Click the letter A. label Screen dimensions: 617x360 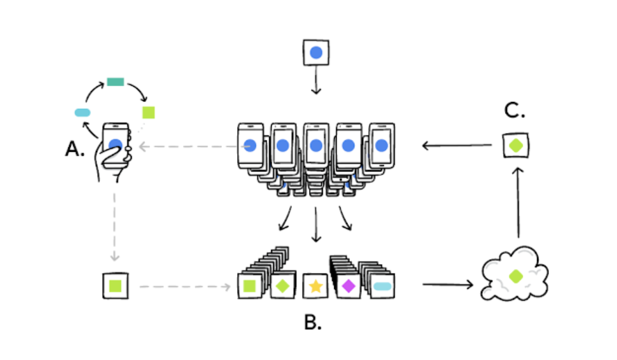tap(75, 149)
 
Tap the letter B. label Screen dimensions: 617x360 tap(313, 322)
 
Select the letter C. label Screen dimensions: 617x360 tap(515, 110)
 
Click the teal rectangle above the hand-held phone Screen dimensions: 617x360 tap(115, 82)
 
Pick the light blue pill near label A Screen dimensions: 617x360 tap(83, 112)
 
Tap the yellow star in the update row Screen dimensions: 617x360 tap(316, 286)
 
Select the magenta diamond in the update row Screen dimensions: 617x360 tap(348, 286)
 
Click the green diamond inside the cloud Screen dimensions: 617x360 tap(516, 276)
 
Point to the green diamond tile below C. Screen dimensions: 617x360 tap(516, 146)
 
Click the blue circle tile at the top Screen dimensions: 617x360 tap(316, 53)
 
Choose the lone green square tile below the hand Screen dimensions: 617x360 tap(115, 286)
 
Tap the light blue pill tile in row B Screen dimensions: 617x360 tap(382, 286)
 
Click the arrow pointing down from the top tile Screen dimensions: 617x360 tap(316, 80)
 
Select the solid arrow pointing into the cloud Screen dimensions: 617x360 tap(448, 285)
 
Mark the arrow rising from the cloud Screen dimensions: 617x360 tap(518, 203)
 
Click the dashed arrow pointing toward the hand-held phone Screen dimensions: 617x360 tap(194, 146)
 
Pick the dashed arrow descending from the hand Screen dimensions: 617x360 tap(114, 227)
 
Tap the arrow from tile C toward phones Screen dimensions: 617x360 tap(457, 145)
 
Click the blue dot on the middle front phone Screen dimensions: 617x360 tap(316, 146)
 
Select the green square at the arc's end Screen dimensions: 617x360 tap(149, 112)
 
